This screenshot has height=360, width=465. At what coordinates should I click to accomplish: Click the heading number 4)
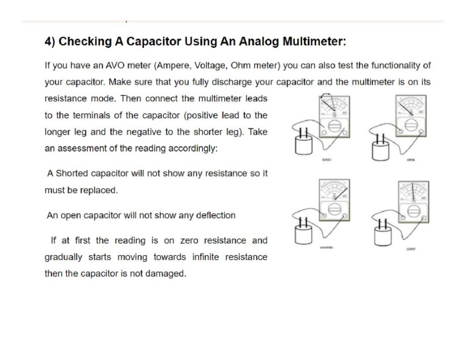point(50,42)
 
